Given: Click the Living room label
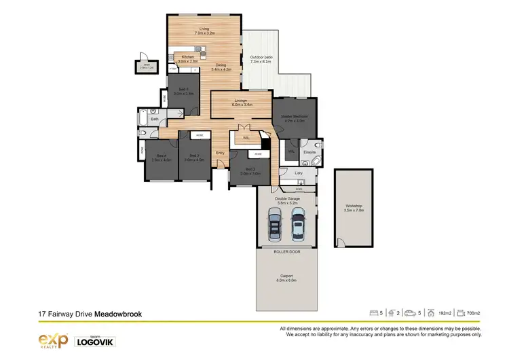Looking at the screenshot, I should [x=204, y=31].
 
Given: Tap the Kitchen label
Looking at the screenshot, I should [x=188, y=59].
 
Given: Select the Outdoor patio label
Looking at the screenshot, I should [x=261, y=58].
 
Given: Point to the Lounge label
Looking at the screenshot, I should [x=242, y=103].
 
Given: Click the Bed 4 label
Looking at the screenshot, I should [x=162, y=158].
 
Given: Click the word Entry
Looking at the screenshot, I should [x=221, y=153].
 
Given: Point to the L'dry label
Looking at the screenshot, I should [x=299, y=174].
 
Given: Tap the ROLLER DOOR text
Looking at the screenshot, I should [x=286, y=251].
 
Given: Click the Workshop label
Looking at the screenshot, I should [x=354, y=207].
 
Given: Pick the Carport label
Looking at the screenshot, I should [x=286, y=278].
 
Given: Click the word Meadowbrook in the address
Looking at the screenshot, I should [x=117, y=314].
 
